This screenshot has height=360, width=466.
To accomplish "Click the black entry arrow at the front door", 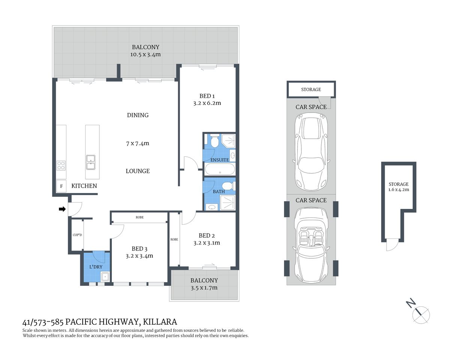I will tap(62, 209).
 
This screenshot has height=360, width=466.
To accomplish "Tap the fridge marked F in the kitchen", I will tap(61, 186).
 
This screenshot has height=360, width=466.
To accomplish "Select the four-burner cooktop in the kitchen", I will tap(61, 165).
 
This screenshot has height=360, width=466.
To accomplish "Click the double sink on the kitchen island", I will tap(90, 162).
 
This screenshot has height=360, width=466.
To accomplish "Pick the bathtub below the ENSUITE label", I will tap(220, 170).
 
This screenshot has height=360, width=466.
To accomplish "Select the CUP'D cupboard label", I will tap(77, 235).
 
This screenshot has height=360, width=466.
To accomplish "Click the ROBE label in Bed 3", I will tap(140, 217).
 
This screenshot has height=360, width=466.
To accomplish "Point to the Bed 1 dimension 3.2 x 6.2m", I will tap(207, 103).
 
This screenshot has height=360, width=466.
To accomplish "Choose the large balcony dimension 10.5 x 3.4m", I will tap(145, 54).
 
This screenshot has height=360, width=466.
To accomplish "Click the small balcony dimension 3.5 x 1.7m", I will tap(204, 288).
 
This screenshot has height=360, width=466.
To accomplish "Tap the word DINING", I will tap(138, 115).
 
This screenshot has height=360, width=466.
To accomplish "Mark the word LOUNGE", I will tap(138, 171).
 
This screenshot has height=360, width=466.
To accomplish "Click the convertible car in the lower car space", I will tap(311, 246).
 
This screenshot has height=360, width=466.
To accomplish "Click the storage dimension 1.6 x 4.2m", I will tap(398, 189).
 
